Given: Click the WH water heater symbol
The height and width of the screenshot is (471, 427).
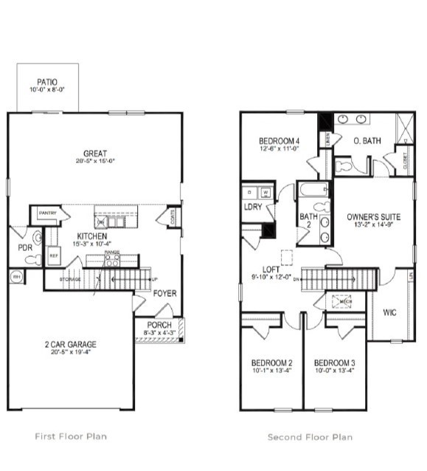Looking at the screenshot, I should point(16,277).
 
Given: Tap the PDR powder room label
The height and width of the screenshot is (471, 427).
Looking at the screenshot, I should point(25,248).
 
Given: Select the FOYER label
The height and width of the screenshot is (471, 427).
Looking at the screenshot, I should point(164,293).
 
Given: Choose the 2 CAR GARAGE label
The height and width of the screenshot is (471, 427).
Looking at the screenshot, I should point(70,344).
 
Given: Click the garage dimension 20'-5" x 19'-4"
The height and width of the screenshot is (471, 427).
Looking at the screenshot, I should point(70,353).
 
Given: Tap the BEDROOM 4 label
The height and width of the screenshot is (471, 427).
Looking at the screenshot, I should point(279,141).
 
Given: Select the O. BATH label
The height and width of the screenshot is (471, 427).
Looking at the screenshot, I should point(367,141).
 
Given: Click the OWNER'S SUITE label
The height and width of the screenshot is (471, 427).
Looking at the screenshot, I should point(373,217).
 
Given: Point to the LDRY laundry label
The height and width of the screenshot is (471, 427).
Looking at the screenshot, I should point(253,207).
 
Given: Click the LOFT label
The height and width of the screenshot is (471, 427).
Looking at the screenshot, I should point(262,270).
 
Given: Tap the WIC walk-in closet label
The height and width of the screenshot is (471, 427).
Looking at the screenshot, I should point(390,312).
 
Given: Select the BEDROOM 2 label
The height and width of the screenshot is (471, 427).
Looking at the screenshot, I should point(271,363).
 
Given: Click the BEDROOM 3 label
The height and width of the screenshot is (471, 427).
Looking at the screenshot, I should point(335,363).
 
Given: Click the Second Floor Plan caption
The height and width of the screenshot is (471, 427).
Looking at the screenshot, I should point(310,437).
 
